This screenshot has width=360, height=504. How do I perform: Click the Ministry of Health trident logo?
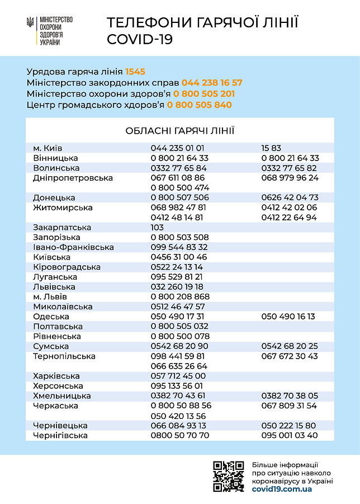coord(30,23)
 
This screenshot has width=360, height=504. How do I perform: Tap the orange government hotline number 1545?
coord(135,72)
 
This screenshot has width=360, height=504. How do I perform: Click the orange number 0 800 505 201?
coord(204,94)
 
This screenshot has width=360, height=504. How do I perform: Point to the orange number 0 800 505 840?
coord(199,105)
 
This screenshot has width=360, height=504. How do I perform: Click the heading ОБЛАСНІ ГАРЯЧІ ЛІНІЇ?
coord(179,131)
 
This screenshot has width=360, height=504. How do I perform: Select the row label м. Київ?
coord(48,148)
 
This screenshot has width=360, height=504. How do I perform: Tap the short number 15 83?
coord(271,148)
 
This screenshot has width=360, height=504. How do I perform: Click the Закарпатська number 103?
coord(157,228)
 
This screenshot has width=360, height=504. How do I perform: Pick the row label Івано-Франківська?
coord(73,247)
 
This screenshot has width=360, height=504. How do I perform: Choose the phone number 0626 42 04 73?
coord(290,197)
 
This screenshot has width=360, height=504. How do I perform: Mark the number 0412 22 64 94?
coord(289,218)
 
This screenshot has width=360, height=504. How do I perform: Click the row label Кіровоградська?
coord(67,267)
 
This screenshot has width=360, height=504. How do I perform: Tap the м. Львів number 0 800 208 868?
coord(180,297)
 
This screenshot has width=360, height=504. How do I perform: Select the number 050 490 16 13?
coord(288,317)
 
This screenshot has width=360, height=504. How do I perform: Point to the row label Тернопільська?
coord(64,356)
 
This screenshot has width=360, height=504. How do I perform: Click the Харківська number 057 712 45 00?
coord(178,376)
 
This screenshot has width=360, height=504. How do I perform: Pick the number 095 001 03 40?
coord(290,435)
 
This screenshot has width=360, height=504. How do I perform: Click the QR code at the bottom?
coord(228,477)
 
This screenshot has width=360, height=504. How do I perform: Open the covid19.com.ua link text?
coord(282,489)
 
